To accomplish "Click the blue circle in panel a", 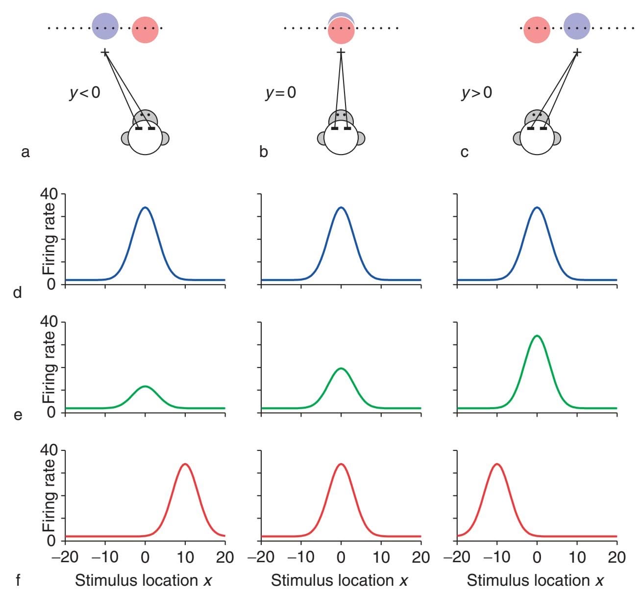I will (x=105, y=26).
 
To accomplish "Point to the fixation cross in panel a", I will (x=104, y=52).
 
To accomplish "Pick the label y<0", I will (x=84, y=93).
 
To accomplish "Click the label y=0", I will (x=281, y=93).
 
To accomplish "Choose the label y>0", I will (x=477, y=93).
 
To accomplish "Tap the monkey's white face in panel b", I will (x=341, y=140).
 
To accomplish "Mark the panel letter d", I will (x=18, y=293).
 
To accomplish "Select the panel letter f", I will (x=18, y=581).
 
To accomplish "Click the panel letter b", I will (x=264, y=152).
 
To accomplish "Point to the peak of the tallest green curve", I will (x=537, y=336).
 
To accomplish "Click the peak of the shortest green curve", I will (x=145, y=387).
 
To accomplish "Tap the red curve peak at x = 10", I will (x=185, y=464).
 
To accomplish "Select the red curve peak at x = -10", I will (x=497, y=464).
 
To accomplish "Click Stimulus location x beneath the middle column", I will (x=340, y=581).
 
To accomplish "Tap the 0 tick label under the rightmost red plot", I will (x=537, y=557).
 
